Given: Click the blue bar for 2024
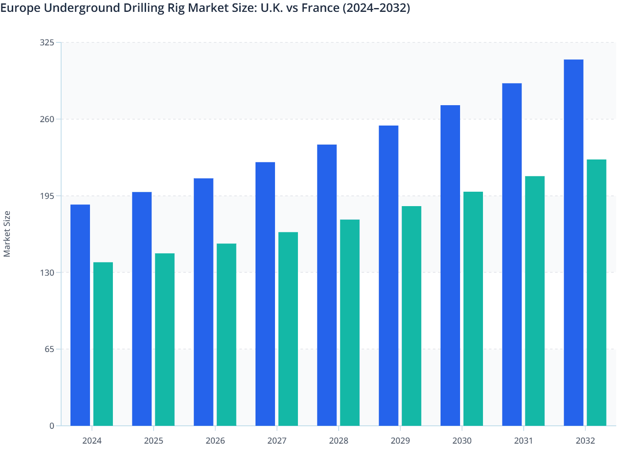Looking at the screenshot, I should click(80, 315).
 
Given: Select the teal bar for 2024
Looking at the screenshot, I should click(103, 344).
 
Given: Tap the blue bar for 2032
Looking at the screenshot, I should click(573, 243).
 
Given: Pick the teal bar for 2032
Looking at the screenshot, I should click(596, 293).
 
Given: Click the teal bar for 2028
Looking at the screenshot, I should click(350, 322).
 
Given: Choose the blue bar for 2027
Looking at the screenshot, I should click(265, 294).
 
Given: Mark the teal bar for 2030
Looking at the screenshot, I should click(473, 309).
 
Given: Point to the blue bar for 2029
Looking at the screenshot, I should click(388, 276).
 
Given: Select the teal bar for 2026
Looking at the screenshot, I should click(227, 335).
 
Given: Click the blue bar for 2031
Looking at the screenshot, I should click(512, 254).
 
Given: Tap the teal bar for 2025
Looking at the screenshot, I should click(165, 339).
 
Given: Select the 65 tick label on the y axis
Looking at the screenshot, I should click(49, 349).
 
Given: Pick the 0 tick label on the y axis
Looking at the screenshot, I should click(52, 426).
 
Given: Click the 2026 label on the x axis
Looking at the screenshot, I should click(215, 441).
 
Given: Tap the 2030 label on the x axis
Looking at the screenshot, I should click(462, 441).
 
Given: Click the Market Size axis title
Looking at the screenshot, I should click(7, 234).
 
